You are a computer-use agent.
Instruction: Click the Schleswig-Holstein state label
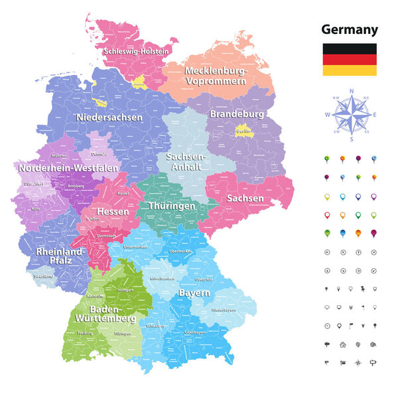click(x=136, y=50)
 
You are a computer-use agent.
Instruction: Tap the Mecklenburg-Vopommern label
click(x=216, y=76)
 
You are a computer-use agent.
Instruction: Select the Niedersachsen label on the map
click(x=109, y=117)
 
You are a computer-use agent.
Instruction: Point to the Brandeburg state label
click(x=237, y=114)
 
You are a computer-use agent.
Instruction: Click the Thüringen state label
click(x=172, y=206)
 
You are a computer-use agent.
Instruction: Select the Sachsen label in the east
click(x=245, y=198)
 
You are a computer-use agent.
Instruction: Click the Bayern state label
click(x=194, y=293)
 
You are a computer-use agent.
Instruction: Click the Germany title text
click(x=350, y=29)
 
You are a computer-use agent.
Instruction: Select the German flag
click(x=350, y=60)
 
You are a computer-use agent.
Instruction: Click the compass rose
click(x=352, y=113)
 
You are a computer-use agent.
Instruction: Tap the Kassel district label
click(x=123, y=193)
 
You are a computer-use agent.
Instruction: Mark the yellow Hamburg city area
click(x=139, y=82)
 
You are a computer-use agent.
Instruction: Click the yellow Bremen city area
click(x=101, y=102)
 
